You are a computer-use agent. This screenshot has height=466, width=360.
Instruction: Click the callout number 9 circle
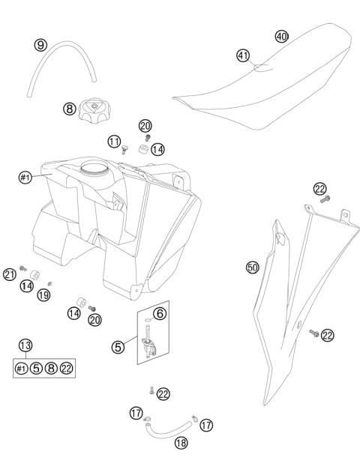(40, 45)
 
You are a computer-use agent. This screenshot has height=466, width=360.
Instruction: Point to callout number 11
(114, 140)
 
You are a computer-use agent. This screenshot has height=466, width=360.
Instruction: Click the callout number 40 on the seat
(281, 36)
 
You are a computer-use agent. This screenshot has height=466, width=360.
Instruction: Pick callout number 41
(242, 55)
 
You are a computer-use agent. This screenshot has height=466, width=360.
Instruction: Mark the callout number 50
(253, 266)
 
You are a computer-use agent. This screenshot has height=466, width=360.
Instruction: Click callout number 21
(10, 275)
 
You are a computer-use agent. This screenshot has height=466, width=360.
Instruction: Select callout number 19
(45, 297)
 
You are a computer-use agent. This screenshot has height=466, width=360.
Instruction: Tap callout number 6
(160, 312)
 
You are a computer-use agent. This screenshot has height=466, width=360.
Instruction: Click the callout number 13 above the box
(26, 345)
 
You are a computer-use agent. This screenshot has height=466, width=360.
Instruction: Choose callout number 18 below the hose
(181, 442)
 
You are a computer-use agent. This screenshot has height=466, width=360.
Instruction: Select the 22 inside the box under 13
(67, 368)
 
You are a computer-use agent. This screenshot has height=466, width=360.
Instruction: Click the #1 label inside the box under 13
(22, 368)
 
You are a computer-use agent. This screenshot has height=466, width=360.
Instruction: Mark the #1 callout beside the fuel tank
(25, 178)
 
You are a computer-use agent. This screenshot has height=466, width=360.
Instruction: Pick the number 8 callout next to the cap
(69, 109)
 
